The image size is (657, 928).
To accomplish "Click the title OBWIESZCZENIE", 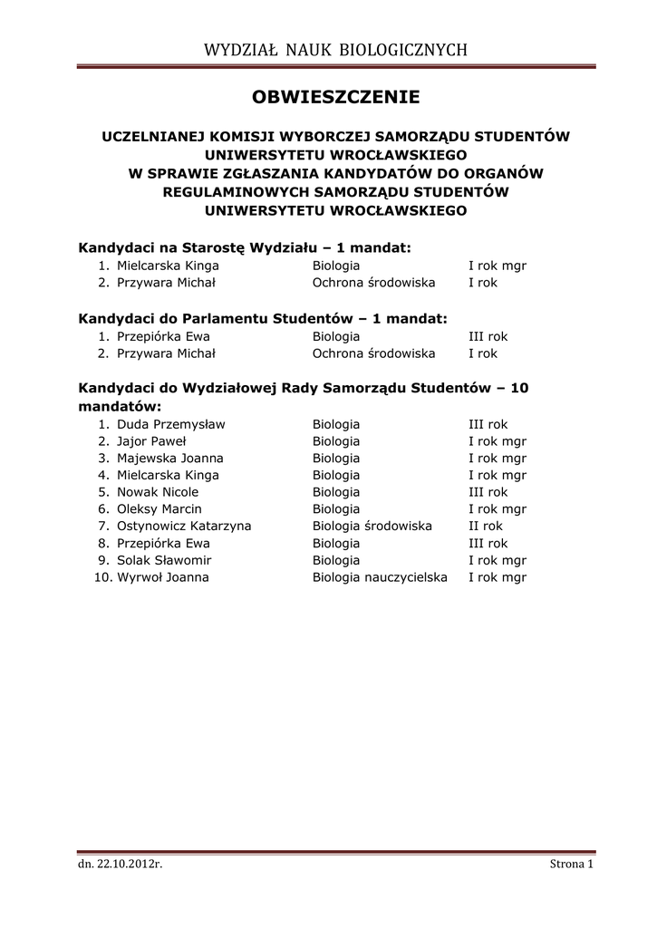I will (x=335, y=96).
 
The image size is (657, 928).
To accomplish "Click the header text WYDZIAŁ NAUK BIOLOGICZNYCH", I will (x=335, y=50).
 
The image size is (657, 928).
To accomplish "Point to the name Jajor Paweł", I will (x=150, y=441).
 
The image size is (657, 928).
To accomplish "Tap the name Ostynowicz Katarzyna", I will (x=184, y=527).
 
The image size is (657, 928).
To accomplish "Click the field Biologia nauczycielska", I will (x=380, y=577).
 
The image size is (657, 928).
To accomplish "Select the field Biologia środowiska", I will (x=372, y=527).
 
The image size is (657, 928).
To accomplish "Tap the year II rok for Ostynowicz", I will (x=485, y=527).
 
